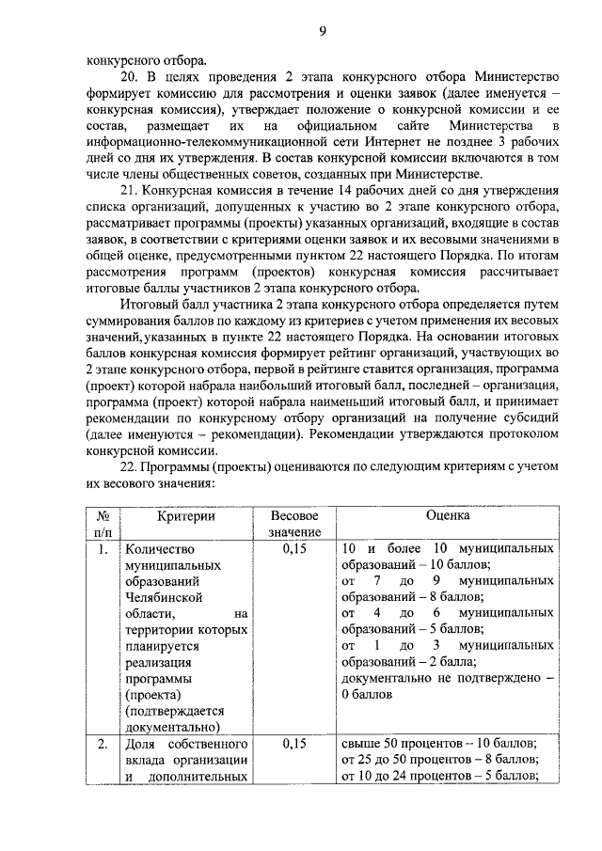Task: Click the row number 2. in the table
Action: pyautogui.click(x=103, y=743)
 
